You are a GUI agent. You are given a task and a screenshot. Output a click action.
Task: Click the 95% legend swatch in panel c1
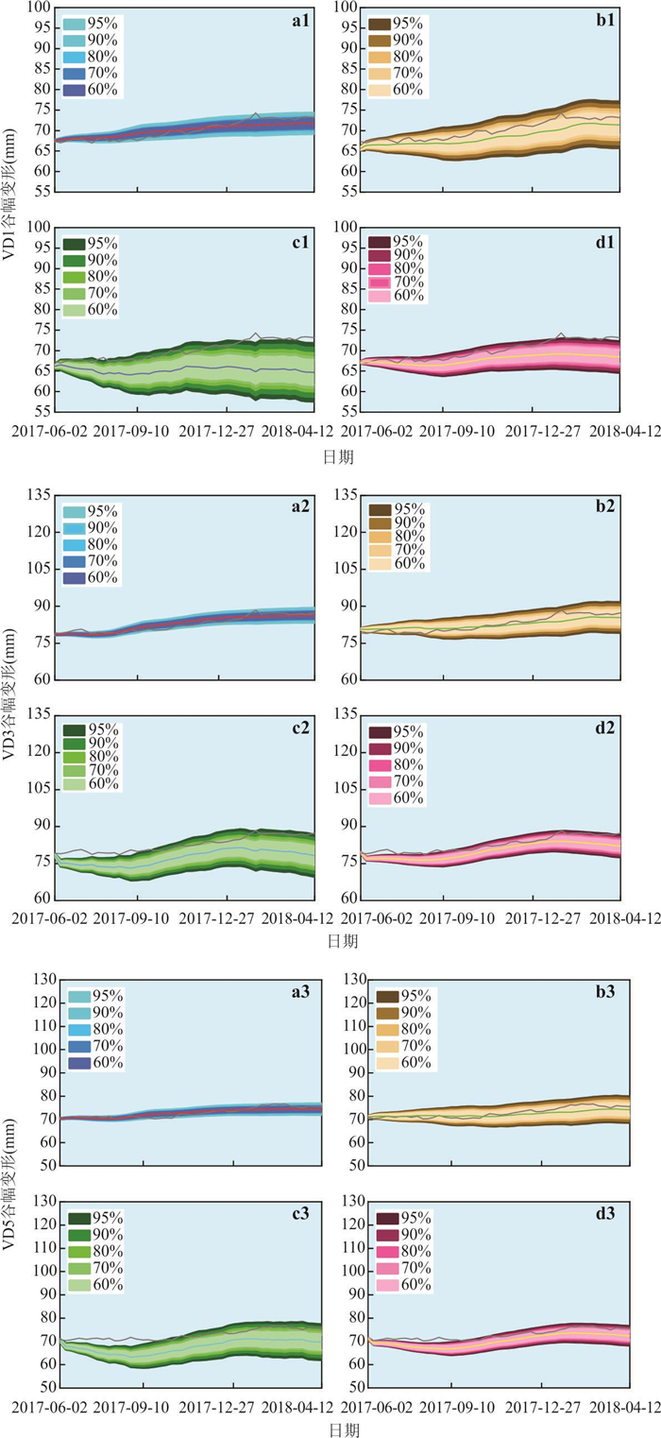[74, 245]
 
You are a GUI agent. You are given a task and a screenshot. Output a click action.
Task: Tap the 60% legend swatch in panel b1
[381, 91]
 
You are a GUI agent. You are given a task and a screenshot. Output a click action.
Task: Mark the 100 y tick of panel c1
[39, 227]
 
